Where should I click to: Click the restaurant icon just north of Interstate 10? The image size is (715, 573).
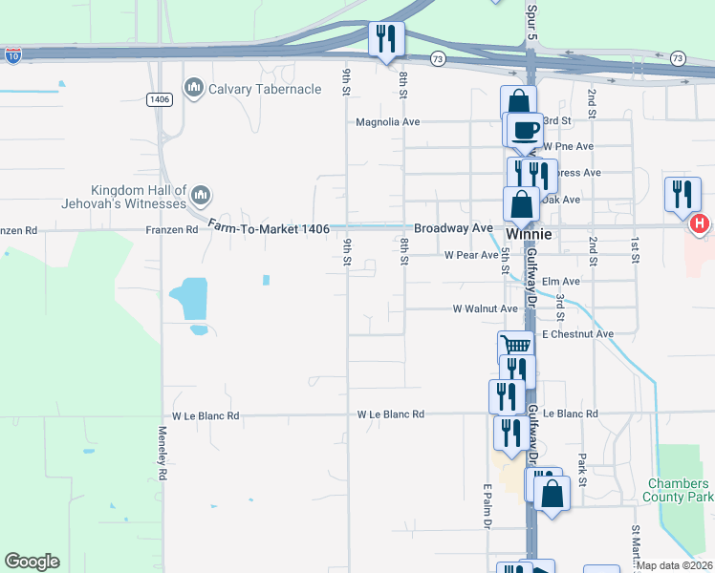(387, 38)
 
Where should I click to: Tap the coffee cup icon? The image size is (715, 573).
(523, 130)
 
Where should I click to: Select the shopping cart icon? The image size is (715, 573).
(515, 347)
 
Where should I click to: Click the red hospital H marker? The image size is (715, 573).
(699, 223)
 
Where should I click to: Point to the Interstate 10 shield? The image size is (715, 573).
(12, 56)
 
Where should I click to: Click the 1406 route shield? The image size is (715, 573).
(159, 98)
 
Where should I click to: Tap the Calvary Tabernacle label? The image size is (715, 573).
(258, 89)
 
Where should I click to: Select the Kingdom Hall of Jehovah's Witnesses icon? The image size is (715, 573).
(201, 196)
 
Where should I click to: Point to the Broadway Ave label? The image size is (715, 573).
(453, 228)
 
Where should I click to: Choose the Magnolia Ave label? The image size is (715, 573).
(387, 122)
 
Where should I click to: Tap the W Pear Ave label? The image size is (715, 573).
(471, 255)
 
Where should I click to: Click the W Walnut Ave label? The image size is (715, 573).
(485, 308)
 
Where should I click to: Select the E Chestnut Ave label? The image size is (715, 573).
(577, 334)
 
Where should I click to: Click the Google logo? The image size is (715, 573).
(32, 562)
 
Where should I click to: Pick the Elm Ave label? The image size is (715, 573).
(560, 282)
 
